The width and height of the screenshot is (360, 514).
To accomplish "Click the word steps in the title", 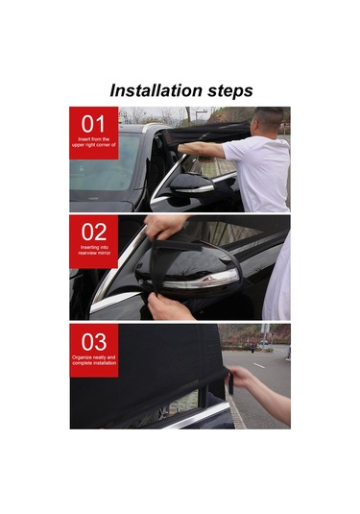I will point(224,92).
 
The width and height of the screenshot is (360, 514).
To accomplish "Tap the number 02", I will point(93,231).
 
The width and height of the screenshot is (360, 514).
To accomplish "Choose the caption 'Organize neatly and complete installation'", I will point(93,360).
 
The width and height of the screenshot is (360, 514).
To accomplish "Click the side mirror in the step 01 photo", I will point(190,182).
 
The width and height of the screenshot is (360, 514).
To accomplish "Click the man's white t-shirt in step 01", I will point(257,168).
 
